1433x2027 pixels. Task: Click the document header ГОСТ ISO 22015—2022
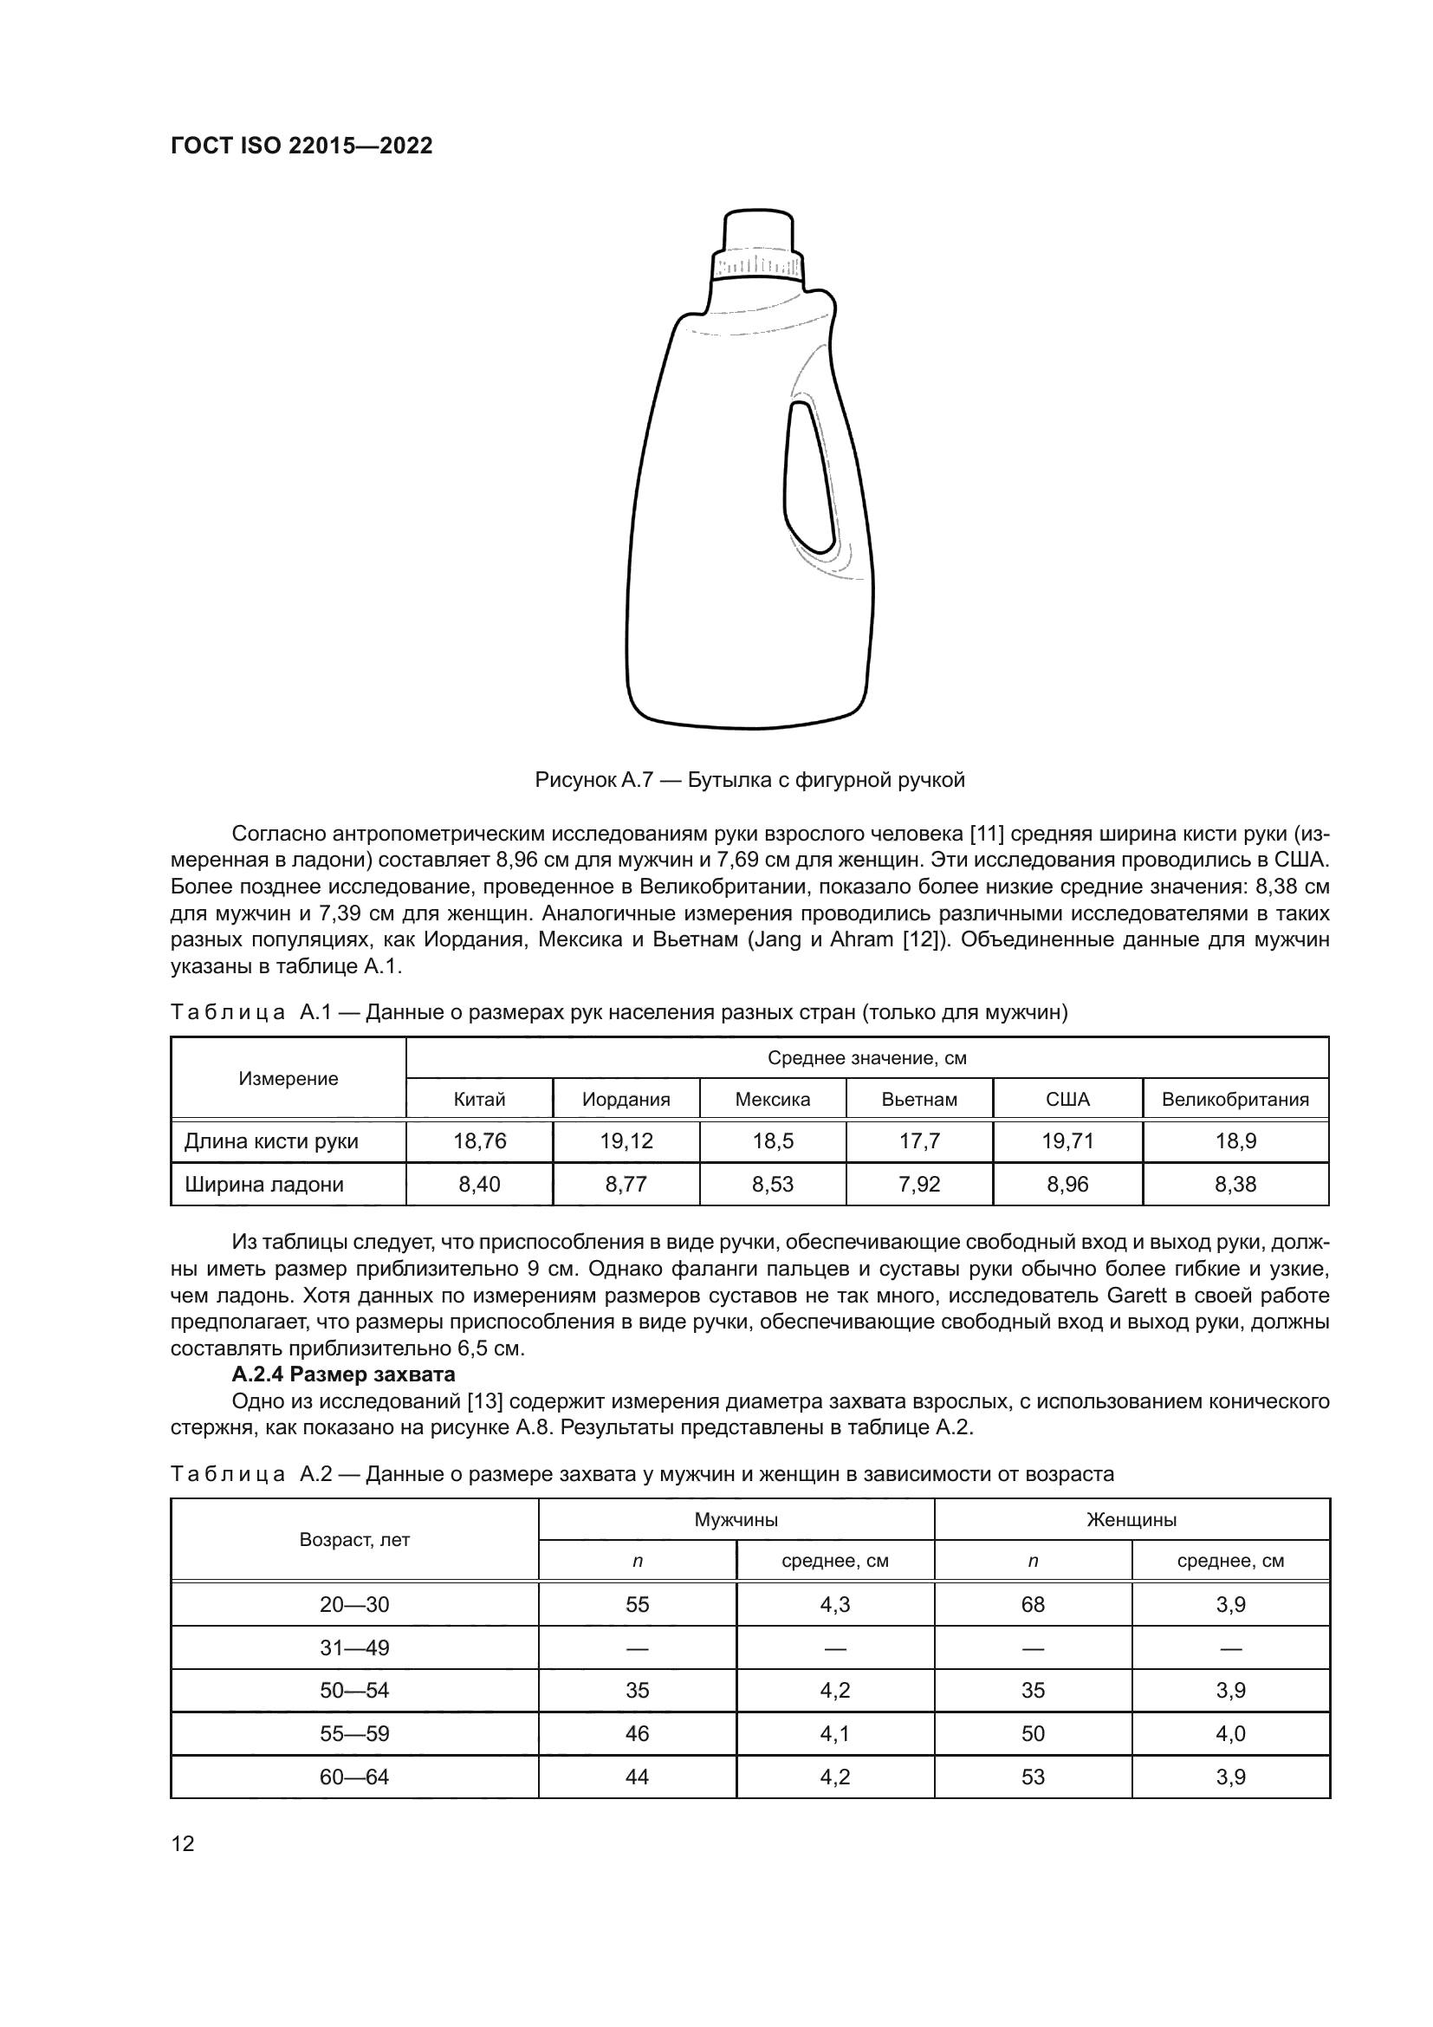302,146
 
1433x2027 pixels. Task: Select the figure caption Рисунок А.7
749,780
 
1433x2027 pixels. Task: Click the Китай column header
479,1099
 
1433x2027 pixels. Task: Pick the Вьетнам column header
918,1099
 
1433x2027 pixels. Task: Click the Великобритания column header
1235,1099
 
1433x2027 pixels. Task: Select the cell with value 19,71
1067,1140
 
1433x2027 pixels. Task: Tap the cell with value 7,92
918,1184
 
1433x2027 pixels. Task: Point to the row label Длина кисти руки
271,1140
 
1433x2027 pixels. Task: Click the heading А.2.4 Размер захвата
343,1374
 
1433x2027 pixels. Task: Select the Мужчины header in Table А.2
735,1519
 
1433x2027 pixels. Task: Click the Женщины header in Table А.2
1131,1519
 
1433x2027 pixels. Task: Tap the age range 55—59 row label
353,1733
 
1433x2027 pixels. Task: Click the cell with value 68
1033,1604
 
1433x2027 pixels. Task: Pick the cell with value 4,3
834,1604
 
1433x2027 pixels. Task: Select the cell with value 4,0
1230,1733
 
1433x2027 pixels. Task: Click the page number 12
183,1843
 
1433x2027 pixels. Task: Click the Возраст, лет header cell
353,1540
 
